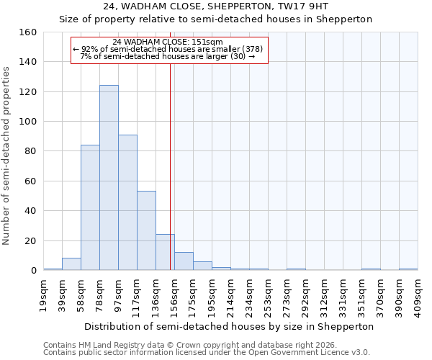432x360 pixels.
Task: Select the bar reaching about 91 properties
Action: (127, 202)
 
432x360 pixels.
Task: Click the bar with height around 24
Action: (165, 252)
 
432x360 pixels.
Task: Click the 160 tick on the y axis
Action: (28, 32)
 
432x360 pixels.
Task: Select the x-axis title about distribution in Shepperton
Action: (229, 326)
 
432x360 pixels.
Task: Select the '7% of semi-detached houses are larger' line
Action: (168, 56)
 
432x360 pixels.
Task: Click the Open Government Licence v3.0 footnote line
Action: (206, 352)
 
